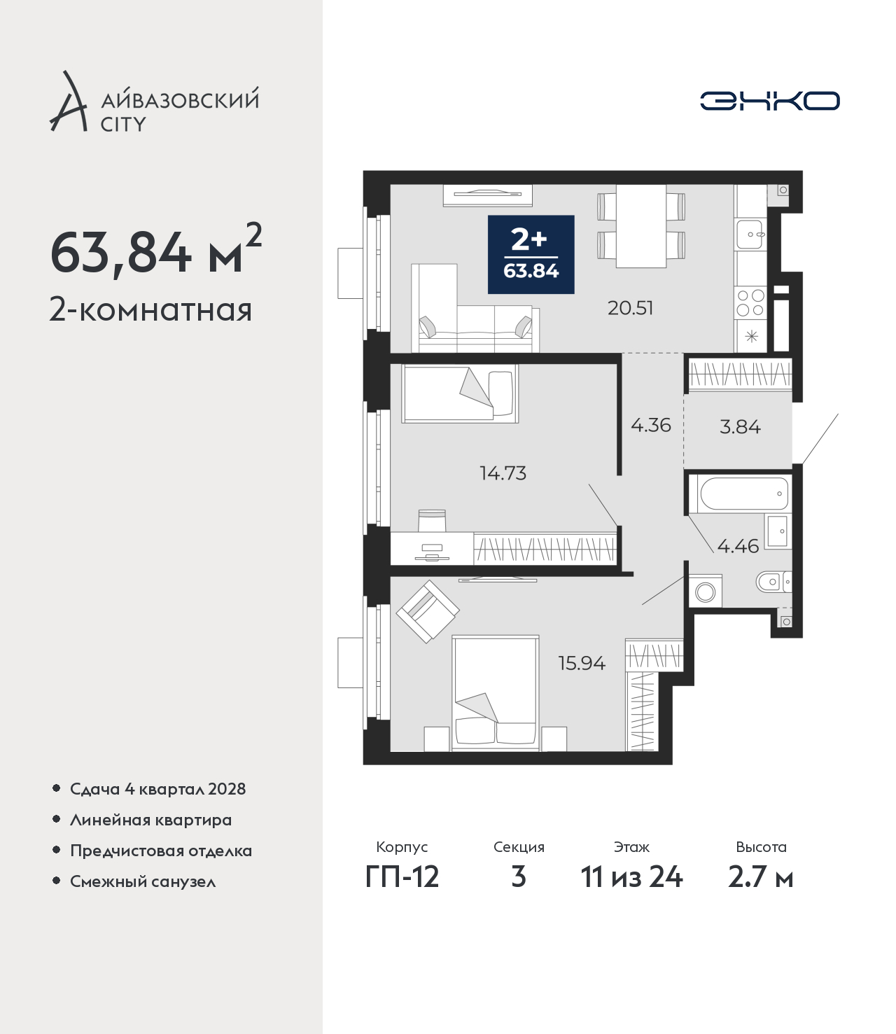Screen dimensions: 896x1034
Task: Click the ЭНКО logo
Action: (x=769, y=101)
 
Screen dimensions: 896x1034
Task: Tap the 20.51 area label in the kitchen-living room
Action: (x=631, y=308)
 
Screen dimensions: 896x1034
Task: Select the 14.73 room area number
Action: (x=503, y=473)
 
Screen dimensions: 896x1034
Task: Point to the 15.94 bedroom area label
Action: (x=582, y=664)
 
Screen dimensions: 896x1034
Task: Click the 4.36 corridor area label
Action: (x=650, y=425)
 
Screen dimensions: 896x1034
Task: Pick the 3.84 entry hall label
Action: (x=740, y=427)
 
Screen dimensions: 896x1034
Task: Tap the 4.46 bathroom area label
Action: (x=738, y=546)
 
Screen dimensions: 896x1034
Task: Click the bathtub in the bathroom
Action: (x=740, y=494)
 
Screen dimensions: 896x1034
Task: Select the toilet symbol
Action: (x=773, y=582)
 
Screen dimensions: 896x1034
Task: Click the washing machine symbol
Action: (x=706, y=592)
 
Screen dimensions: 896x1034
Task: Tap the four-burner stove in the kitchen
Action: (x=750, y=303)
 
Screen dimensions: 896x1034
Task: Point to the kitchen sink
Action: (x=750, y=234)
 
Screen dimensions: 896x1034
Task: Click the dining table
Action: (x=641, y=226)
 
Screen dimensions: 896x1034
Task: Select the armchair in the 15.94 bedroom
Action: (x=428, y=611)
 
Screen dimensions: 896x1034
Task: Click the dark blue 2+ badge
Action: (x=531, y=255)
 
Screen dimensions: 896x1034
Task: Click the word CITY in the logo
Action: (x=123, y=124)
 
